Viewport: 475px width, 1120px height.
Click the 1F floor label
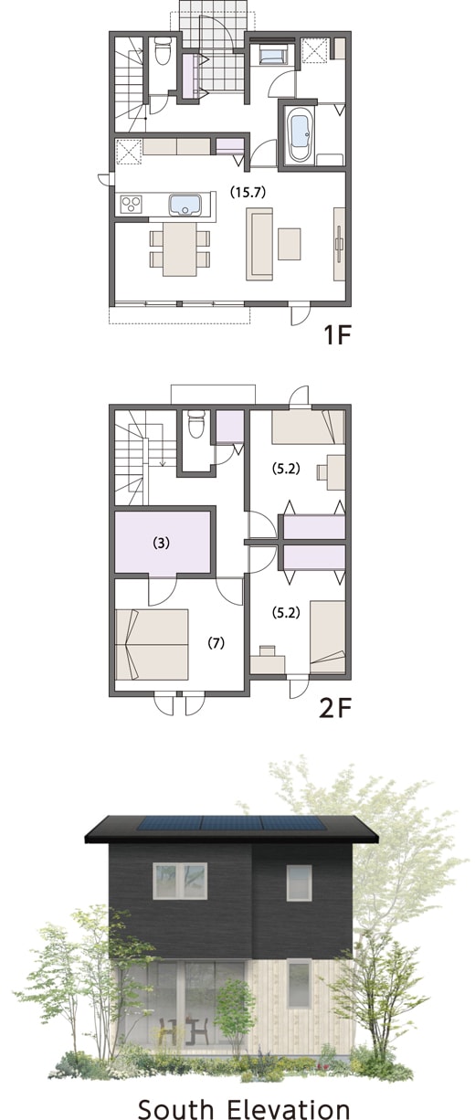click(x=338, y=335)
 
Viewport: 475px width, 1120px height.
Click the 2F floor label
click(x=336, y=707)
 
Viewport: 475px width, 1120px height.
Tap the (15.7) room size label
click(x=247, y=192)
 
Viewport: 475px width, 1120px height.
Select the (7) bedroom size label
click(x=216, y=643)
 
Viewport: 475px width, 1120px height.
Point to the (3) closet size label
click(x=161, y=543)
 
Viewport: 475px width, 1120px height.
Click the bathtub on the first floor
click(x=299, y=134)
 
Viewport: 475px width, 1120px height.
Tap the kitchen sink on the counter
click(x=185, y=205)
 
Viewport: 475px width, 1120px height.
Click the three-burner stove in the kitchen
click(x=132, y=205)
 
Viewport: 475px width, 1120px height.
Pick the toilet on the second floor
click(x=195, y=423)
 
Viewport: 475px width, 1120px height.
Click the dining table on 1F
click(x=180, y=248)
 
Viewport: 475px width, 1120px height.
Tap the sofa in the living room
click(x=259, y=244)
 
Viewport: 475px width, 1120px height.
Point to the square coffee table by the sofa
click(x=290, y=244)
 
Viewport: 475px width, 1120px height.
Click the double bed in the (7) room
click(x=152, y=644)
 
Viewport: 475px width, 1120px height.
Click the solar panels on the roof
click(x=231, y=823)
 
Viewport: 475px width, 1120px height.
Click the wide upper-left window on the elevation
click(x=180, y=881)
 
